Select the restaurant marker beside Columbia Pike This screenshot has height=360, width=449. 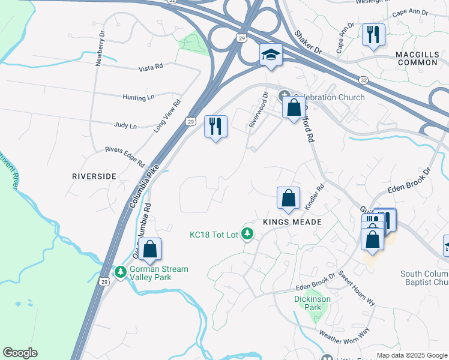215,127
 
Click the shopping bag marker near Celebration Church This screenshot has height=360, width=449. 294,108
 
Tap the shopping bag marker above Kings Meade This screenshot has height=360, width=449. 288,198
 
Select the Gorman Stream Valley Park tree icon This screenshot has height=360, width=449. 121,272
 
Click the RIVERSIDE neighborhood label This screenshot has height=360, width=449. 94,176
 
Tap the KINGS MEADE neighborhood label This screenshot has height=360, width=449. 292,222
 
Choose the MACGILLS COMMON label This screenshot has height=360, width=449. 417,58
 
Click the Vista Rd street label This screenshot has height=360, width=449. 150,67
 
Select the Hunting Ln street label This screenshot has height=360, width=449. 139,97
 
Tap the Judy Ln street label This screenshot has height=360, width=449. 125,126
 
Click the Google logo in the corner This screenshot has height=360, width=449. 20,353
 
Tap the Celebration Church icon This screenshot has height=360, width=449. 285,95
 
